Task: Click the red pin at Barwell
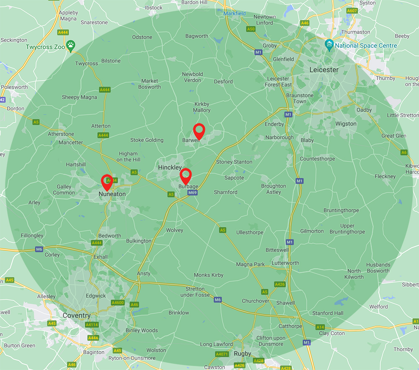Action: tap(199, 130)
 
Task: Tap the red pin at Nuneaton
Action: tap(107, 181)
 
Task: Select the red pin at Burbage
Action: tap(186, 175)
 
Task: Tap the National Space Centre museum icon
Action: tap(329, 44)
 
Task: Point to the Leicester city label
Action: tap(323, 70)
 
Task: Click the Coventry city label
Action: tap(76, 315)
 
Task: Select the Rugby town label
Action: tap(243, 354)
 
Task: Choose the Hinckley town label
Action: tap(170, 167)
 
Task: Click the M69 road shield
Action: tap(192, 193)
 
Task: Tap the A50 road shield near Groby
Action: tap(251, 29)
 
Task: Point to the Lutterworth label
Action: tap(285, 263)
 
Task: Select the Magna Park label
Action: tap(250, 264)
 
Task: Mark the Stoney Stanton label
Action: tap(234, 162)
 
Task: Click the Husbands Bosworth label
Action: tap(378, 268)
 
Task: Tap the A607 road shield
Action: tap(352, 10)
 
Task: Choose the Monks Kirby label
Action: tap(209, 275)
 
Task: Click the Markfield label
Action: tap(234, 13)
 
